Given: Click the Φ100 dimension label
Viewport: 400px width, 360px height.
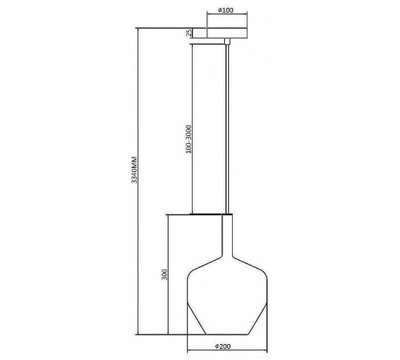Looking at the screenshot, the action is pos(226,10).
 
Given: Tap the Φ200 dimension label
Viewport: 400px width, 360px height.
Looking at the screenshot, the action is pos(223,346).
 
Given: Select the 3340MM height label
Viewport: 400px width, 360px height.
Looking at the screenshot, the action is pos(134,170).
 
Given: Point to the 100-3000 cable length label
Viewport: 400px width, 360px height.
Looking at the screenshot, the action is pos(189,139).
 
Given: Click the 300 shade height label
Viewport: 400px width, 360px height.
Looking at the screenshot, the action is pos(165,274).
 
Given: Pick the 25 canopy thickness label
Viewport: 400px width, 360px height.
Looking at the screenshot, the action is pos(189,33).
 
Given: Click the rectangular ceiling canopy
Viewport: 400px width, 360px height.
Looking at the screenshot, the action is pos(227,33).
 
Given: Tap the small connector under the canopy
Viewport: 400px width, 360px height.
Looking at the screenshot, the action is pos(227,41).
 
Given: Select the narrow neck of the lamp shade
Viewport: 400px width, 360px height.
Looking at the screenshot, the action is pos(227,234).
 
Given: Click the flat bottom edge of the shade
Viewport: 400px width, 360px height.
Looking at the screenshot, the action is pos(227,334).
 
